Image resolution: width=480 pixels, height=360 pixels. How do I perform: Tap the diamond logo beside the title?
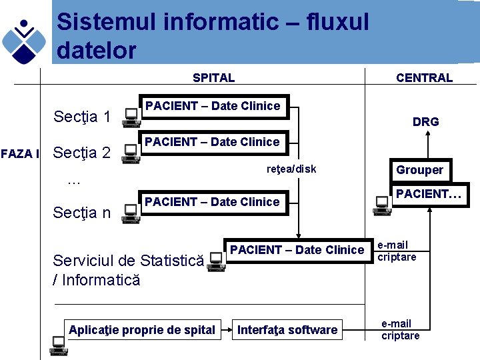click(24, 39)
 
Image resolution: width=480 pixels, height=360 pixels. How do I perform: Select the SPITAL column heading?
click(213, 78)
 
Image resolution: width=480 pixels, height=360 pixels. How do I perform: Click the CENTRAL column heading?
click(424, 78)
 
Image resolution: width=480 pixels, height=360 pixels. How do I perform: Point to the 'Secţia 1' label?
click(81, 118)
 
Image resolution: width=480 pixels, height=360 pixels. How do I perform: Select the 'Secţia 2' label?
click(81, 153)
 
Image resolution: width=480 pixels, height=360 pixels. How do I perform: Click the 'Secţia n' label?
click(81, 213)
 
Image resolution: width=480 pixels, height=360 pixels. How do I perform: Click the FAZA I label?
click(20, 154)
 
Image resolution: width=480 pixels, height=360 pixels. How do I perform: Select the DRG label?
click(425, 121)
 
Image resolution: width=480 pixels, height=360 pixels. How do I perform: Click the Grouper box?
click(419, 170)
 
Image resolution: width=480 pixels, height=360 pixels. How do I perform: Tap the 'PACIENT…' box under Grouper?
click(429, 195)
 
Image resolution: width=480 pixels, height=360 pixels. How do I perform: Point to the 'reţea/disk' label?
click(291, 169)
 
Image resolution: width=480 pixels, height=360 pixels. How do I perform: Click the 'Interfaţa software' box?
click(287, 329)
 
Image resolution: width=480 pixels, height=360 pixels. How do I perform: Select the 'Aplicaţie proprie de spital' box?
click(142, 329)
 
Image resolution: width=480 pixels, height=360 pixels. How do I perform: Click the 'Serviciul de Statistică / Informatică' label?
click(127, 269)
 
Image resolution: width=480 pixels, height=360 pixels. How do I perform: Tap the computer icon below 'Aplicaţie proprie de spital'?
click(59, 343)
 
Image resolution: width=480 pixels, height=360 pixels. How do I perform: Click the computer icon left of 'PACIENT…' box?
click(382, 205)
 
